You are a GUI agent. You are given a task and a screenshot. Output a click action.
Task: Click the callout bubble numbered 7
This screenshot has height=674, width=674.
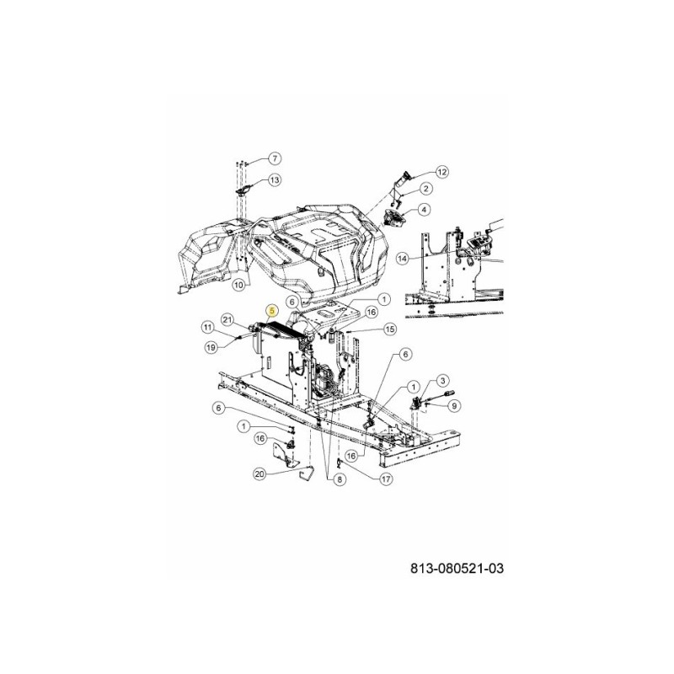(275, 159)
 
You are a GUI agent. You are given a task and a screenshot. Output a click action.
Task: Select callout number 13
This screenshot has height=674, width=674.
(275, 180)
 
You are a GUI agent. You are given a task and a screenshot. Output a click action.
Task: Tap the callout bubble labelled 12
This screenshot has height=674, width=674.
(442, 171)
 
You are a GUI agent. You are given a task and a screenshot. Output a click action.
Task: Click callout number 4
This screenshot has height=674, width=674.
(425, 209)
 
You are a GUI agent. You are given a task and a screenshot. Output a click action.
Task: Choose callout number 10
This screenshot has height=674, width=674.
(238, 285)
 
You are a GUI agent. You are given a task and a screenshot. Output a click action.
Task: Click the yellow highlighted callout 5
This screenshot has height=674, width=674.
(271, 311)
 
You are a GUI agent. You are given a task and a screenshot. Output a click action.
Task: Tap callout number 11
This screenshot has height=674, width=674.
(207, 326)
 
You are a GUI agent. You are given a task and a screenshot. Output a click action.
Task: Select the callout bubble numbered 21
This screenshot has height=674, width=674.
(227, 318)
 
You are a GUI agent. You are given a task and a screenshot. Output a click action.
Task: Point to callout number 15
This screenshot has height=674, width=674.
(389, 329)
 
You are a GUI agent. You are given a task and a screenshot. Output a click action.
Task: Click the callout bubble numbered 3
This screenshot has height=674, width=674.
(443, 382)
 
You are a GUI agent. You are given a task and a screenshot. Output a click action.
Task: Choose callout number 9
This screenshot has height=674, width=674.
(455, 406)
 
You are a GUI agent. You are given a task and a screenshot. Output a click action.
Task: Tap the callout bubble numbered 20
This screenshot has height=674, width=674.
(259, 474)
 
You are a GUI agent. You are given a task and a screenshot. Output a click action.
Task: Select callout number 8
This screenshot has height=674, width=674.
(340, 479)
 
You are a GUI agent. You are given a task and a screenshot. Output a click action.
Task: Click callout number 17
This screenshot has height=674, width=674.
(386, 479)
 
